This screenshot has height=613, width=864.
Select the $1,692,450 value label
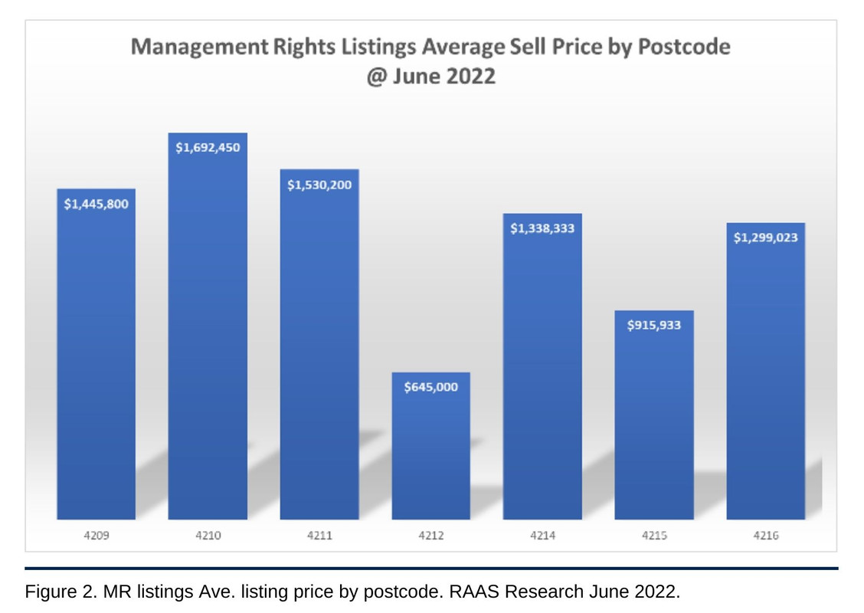[208, 148]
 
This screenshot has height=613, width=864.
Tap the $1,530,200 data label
[319, 185]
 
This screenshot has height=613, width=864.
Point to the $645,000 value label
[431, 387]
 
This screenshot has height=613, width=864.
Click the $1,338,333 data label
[542, 228]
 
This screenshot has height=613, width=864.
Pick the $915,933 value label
[654, 325]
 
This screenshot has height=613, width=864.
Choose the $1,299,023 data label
[766, 238]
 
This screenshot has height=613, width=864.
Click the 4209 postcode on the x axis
[96, 536]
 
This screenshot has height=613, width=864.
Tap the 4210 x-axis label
[208, 536]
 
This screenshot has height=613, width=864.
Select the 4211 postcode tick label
[319, 536]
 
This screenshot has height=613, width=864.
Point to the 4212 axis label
[431, 536]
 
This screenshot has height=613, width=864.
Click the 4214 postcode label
[542, 536]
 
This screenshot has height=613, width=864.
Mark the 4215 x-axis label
[654, 536]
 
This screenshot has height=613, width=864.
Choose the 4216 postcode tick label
[766, 536]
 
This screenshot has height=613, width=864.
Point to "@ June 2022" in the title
[430, 77]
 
